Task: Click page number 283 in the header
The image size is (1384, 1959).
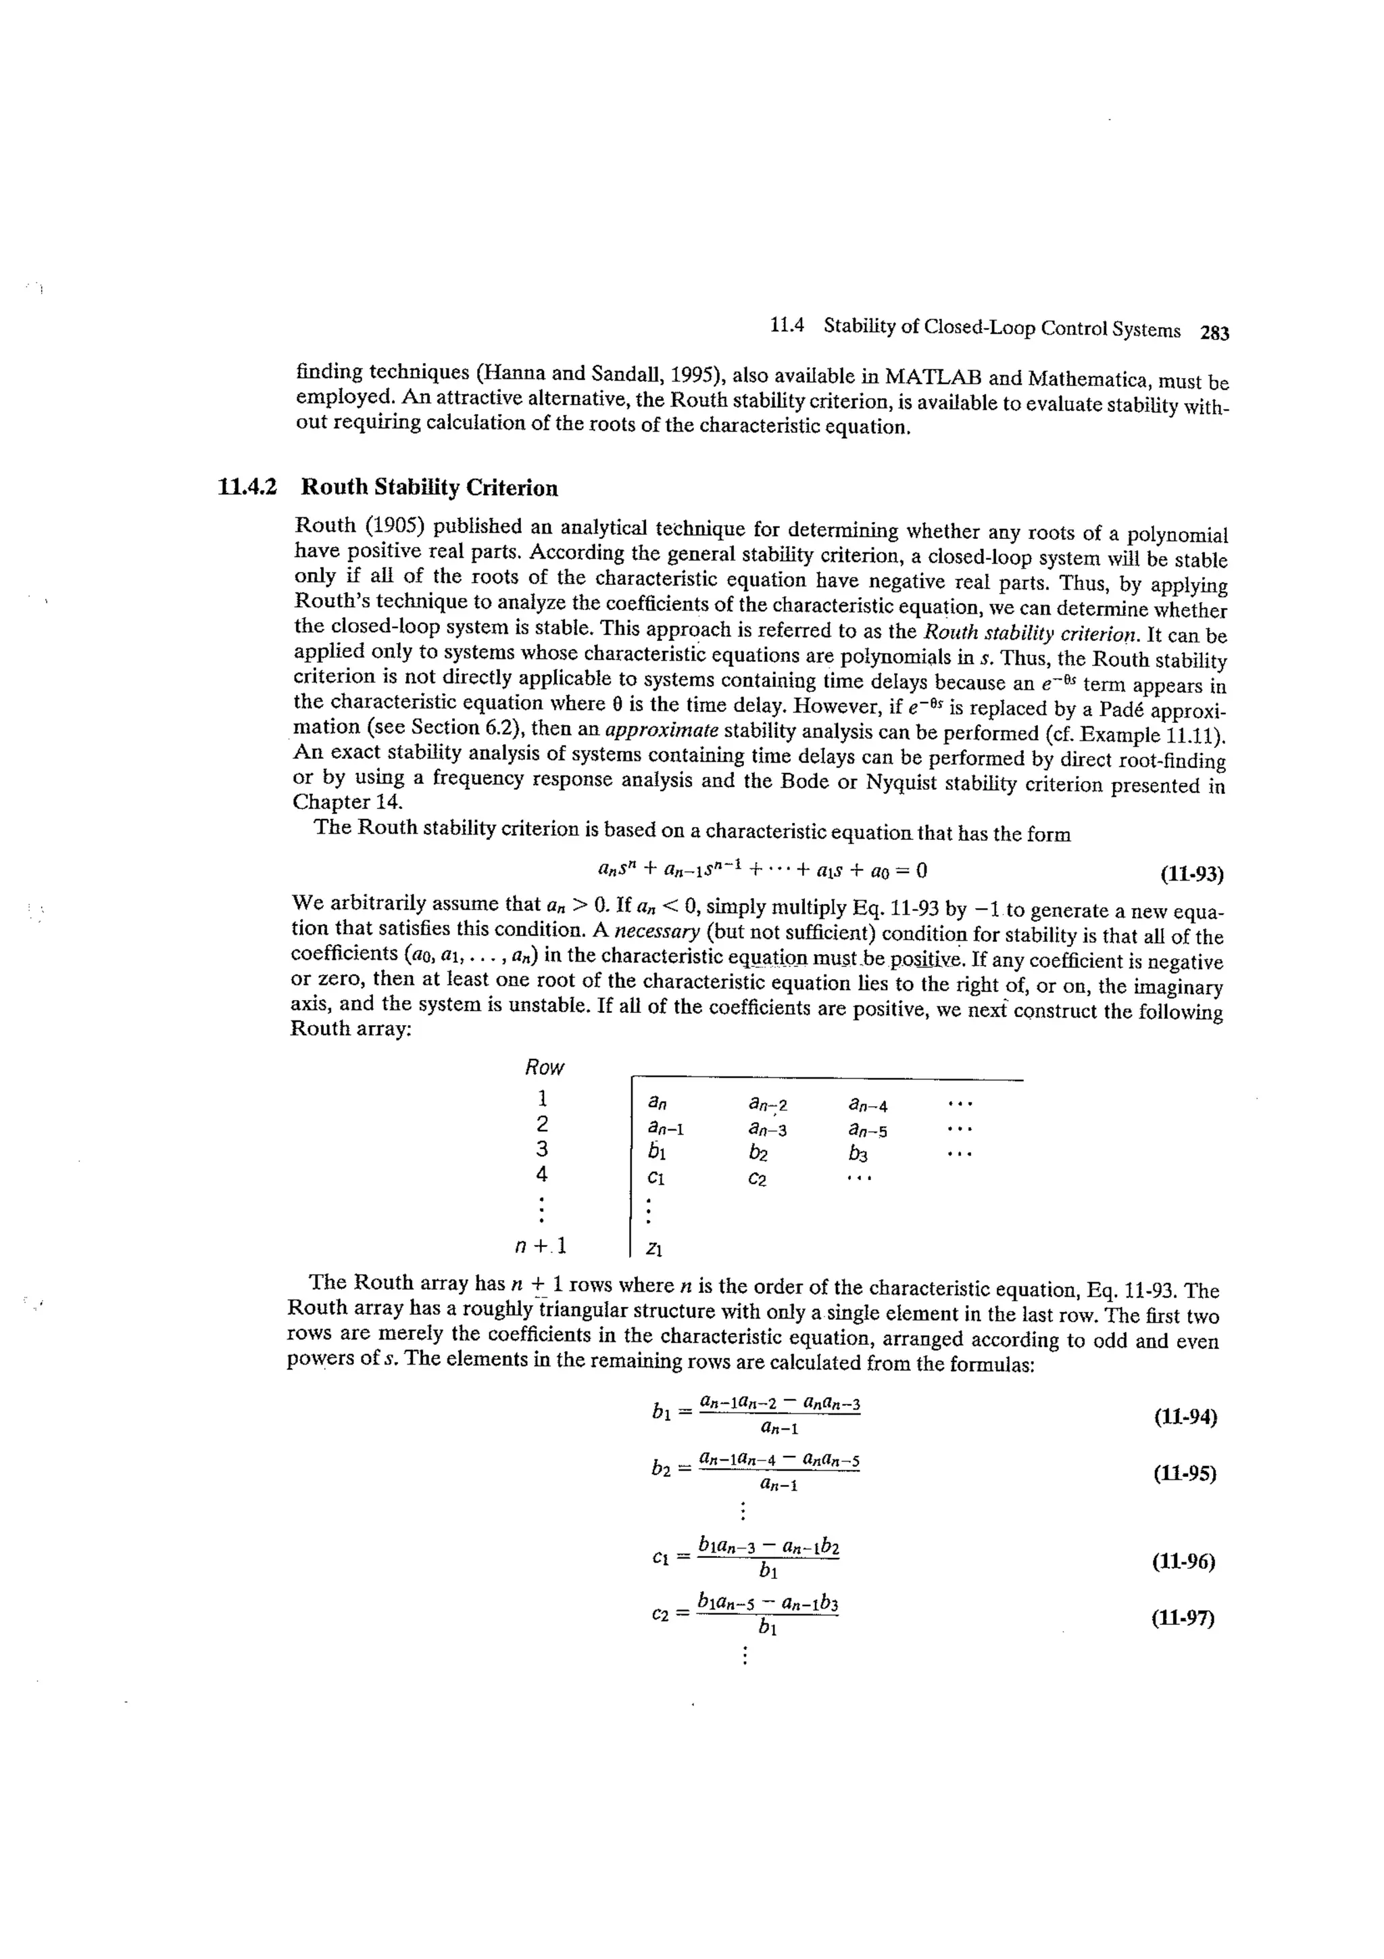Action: click(x=1214, y=333)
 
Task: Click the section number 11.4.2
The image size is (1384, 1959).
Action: click(x=247, y=487)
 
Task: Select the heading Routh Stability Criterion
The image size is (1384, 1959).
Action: click(x=430, y=488)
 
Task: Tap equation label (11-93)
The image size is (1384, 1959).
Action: click(x=1191, y=874)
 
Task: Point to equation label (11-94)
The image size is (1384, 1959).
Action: click(x=1185, y=1417)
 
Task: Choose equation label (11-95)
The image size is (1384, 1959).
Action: click(x=1183, y=1473)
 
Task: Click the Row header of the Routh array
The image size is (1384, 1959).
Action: click(x=544, y=1067)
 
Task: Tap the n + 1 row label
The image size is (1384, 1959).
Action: click(x=541, y=1246)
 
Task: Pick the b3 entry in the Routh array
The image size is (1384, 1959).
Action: click(x=858, y=1154)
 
